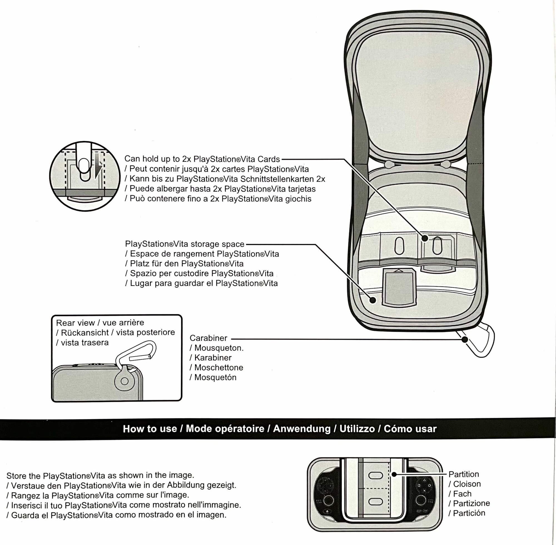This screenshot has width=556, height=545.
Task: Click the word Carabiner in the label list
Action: coord(208,338)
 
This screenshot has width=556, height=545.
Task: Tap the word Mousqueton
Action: coord(219,348)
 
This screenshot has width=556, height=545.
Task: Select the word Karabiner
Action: coord(213,358)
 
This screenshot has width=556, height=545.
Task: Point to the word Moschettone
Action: coord(219,368)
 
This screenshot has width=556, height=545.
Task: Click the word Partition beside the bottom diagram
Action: coord(464,474)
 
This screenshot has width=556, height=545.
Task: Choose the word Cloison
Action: coord(467,484)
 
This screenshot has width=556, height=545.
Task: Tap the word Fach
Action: coord(462,494)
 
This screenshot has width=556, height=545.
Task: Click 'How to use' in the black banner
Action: coord(150,429)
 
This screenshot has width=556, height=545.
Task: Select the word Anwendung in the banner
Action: coord(302,429)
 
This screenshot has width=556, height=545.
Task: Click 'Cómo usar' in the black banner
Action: coord(410,429)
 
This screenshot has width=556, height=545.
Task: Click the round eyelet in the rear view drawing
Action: coord(125,381)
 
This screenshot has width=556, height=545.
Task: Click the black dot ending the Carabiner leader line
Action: coord(465,340)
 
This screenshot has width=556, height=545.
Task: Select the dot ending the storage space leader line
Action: coord(373,300)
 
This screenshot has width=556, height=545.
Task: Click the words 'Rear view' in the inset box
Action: coord(75,323)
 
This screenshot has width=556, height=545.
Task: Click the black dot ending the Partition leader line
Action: coord(394,474)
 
